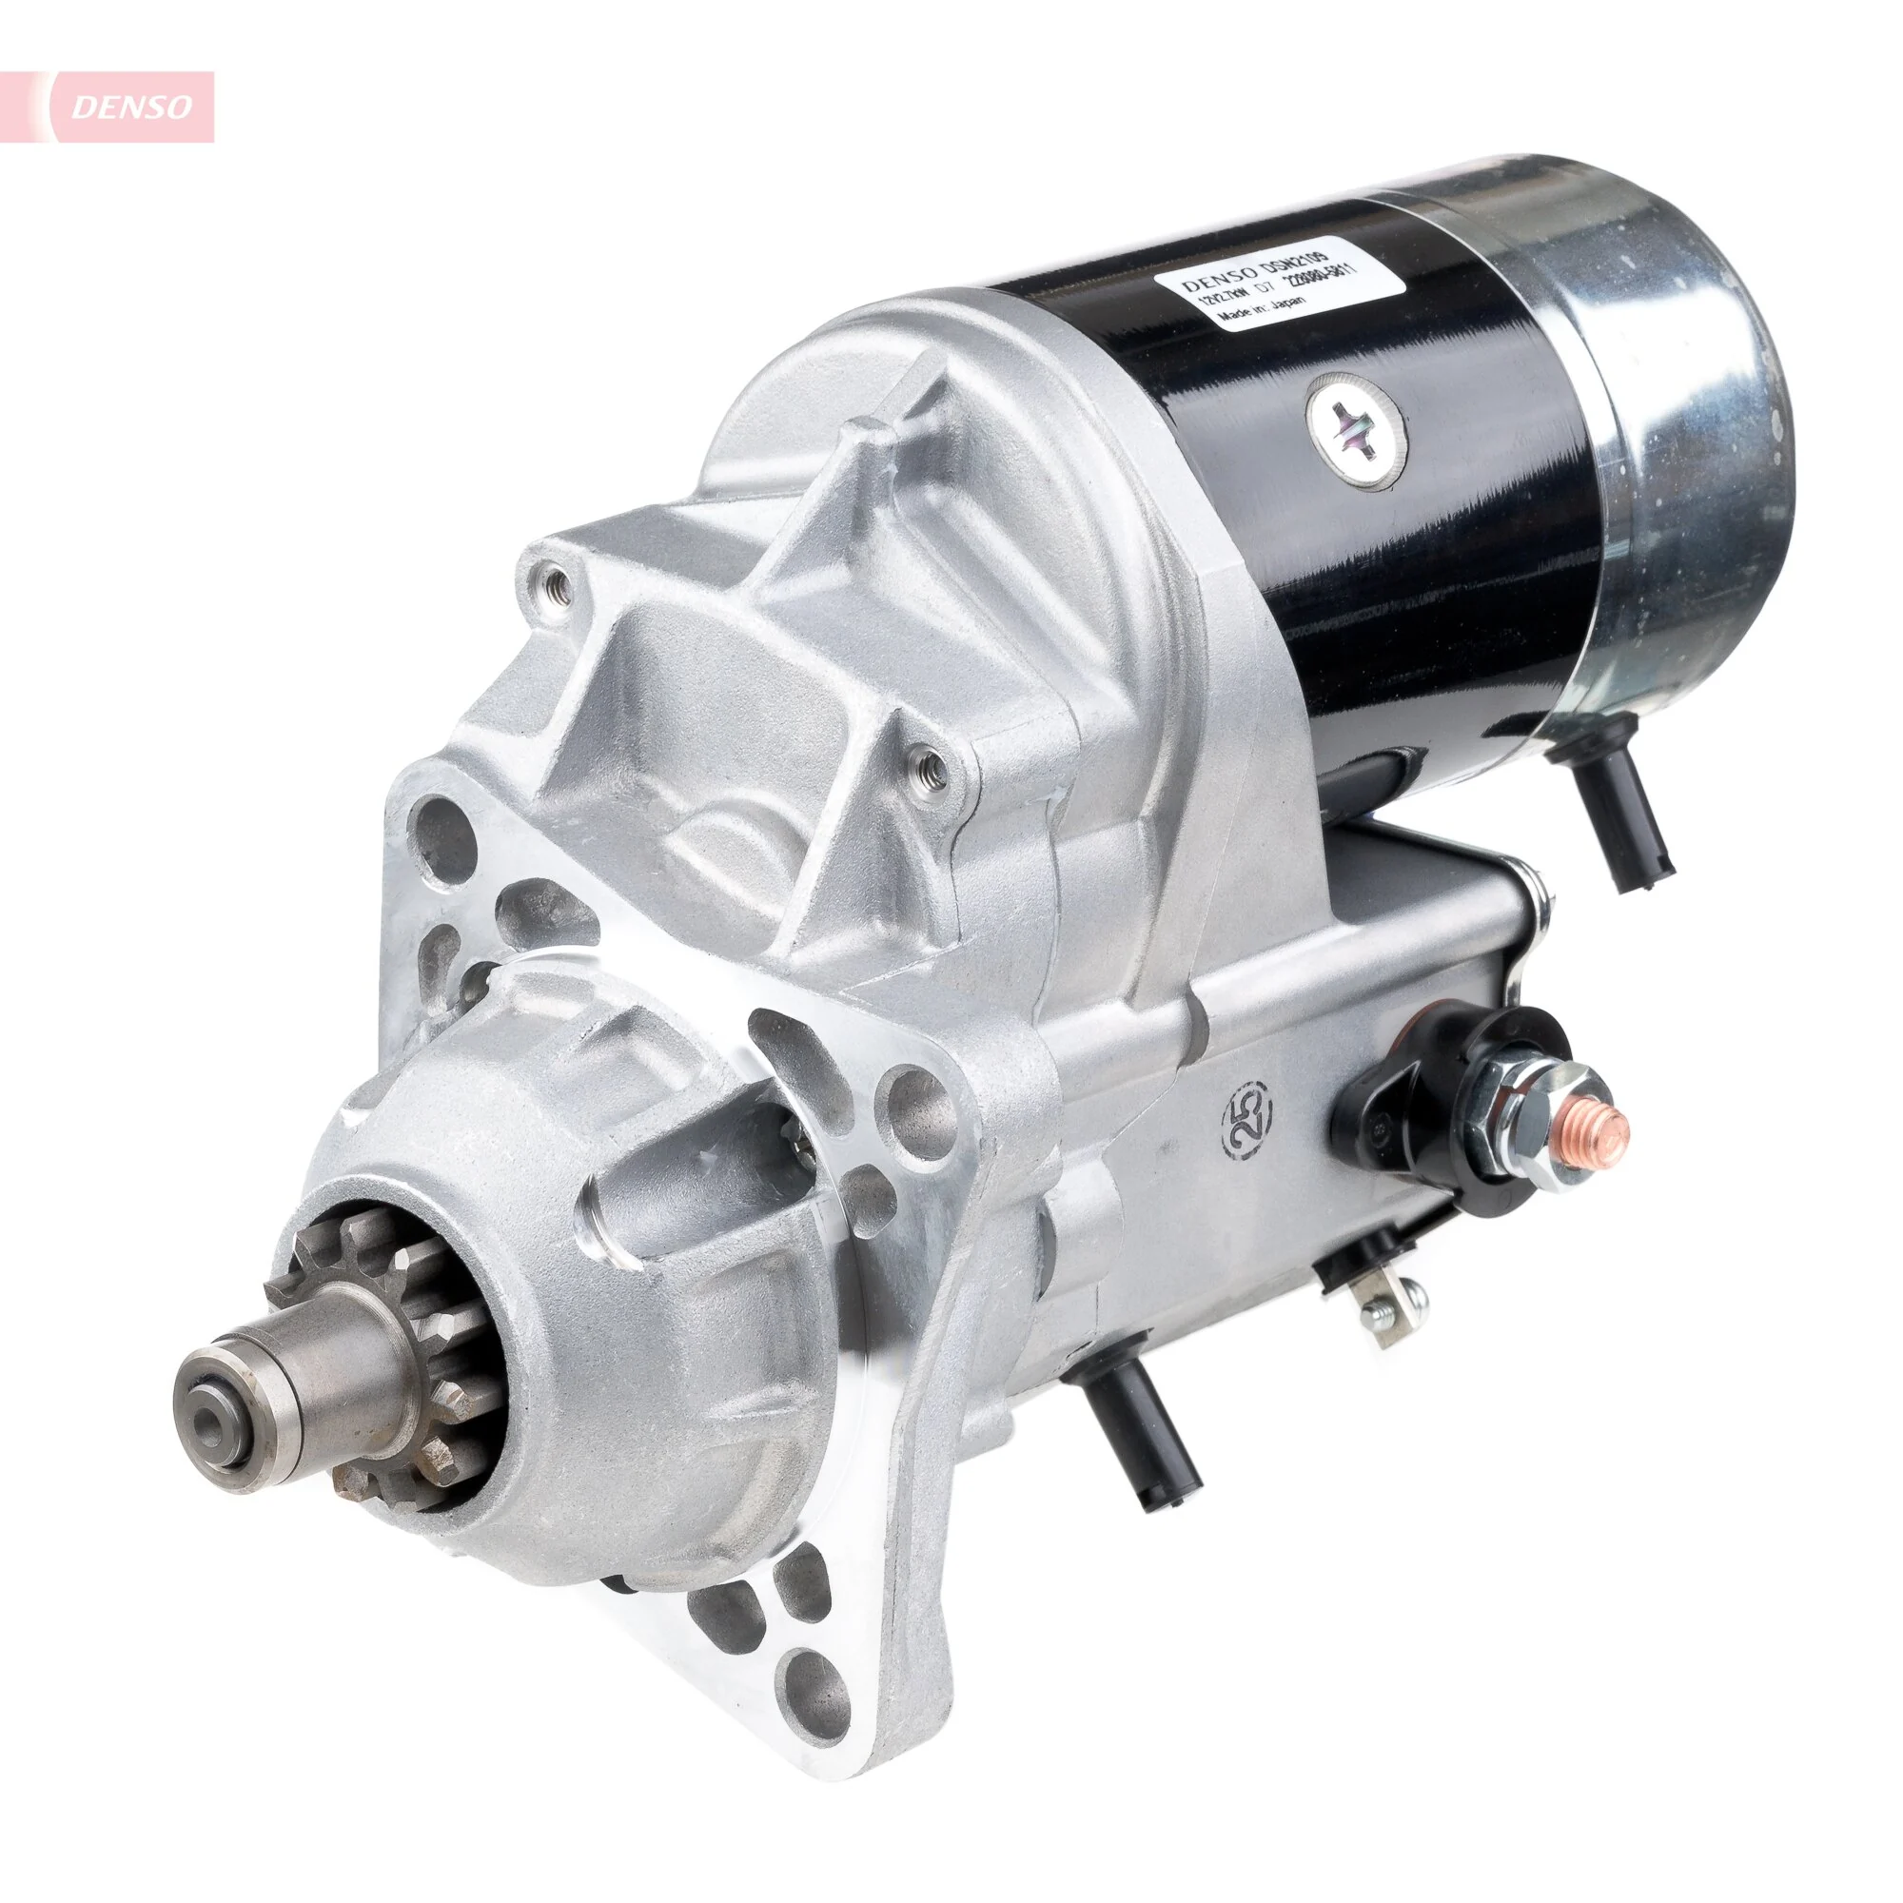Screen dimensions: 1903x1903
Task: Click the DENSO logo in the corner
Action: point(131,108)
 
